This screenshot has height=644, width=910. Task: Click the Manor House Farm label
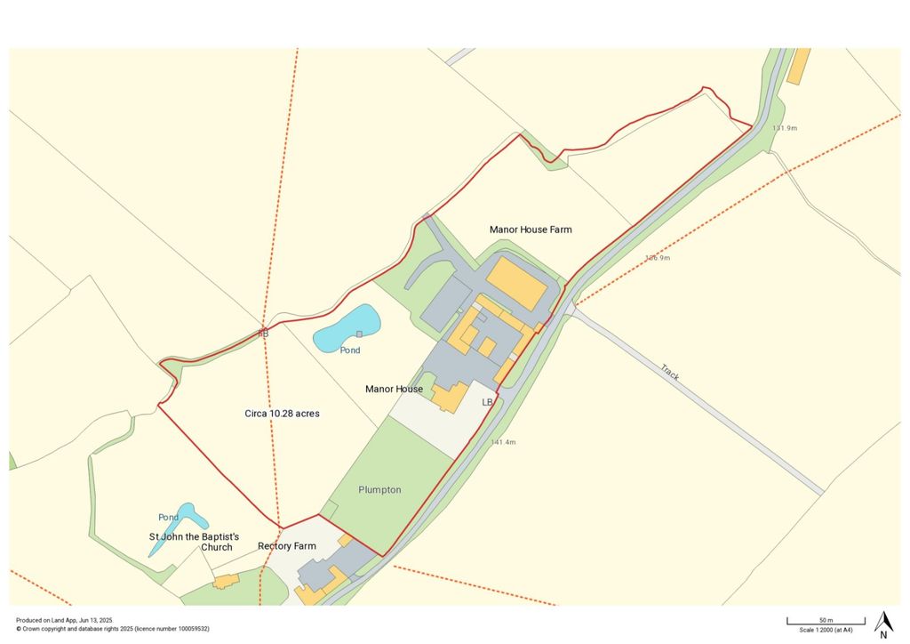(x=531, y=229)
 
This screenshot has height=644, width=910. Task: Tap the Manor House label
(x=395, y=389)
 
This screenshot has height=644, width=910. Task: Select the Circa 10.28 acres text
(x=282, y=414)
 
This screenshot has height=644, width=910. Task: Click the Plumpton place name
(x=379, y=490)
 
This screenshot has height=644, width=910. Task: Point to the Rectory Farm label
(x=286, y=545)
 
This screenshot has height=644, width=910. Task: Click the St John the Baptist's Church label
(x=194, y=542)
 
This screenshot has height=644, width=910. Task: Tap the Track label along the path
(x=669, y=373)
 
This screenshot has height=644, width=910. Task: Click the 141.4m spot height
(x=503, y=442)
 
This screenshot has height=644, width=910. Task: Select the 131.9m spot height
(x=785, y=128)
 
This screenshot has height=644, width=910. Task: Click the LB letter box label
(x=487, y=403)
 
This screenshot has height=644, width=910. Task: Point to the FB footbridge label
(x=263, y=333)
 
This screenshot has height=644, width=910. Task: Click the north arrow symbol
(x=883, y=624)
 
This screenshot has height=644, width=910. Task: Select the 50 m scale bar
(x=826, y=621)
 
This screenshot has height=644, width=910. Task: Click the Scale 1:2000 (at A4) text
(x=826, y=630)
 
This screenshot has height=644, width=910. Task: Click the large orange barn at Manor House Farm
(x=515, y=284)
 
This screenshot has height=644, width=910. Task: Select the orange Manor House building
(x=451, y=397)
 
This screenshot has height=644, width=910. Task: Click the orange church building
(x=226, y=582)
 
